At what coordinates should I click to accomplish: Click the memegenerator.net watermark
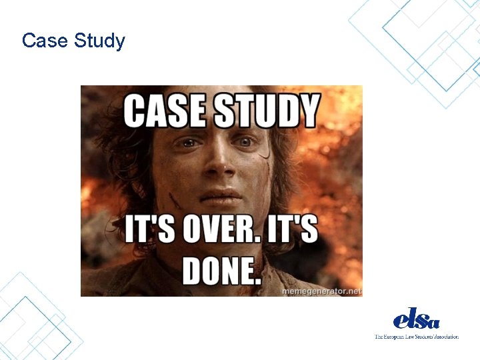tap(323, 291)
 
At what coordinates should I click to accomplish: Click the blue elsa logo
tap(416, 319)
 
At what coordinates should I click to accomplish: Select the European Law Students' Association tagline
tap(416, 337)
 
